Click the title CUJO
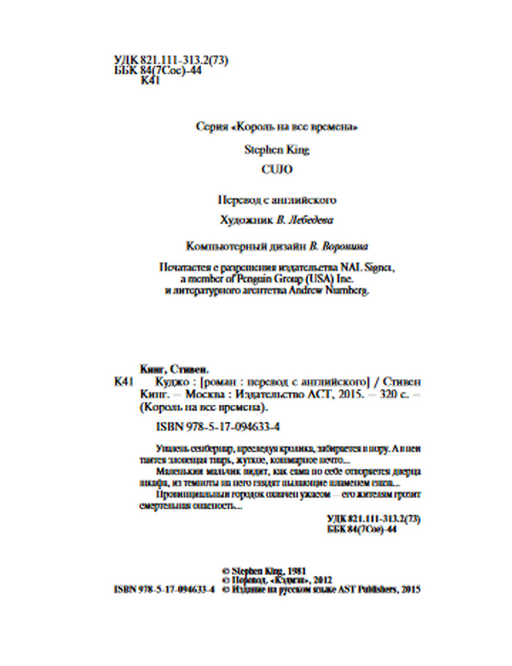276,170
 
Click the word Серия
211,127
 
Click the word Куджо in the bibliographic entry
172,382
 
